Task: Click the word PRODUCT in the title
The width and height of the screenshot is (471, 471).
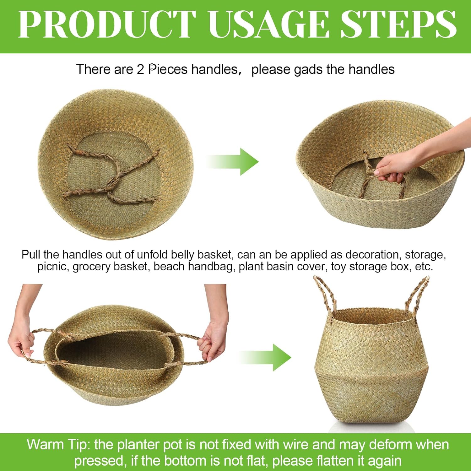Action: click(x=107, y=24)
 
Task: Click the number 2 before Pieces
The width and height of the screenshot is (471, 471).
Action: click(x=140, y=69)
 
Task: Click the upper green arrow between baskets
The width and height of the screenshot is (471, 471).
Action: click(x=234, y=161)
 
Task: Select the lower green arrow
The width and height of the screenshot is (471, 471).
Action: click(x=267, y=357)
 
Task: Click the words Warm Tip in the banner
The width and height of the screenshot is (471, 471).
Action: click(x=58, y=445)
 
